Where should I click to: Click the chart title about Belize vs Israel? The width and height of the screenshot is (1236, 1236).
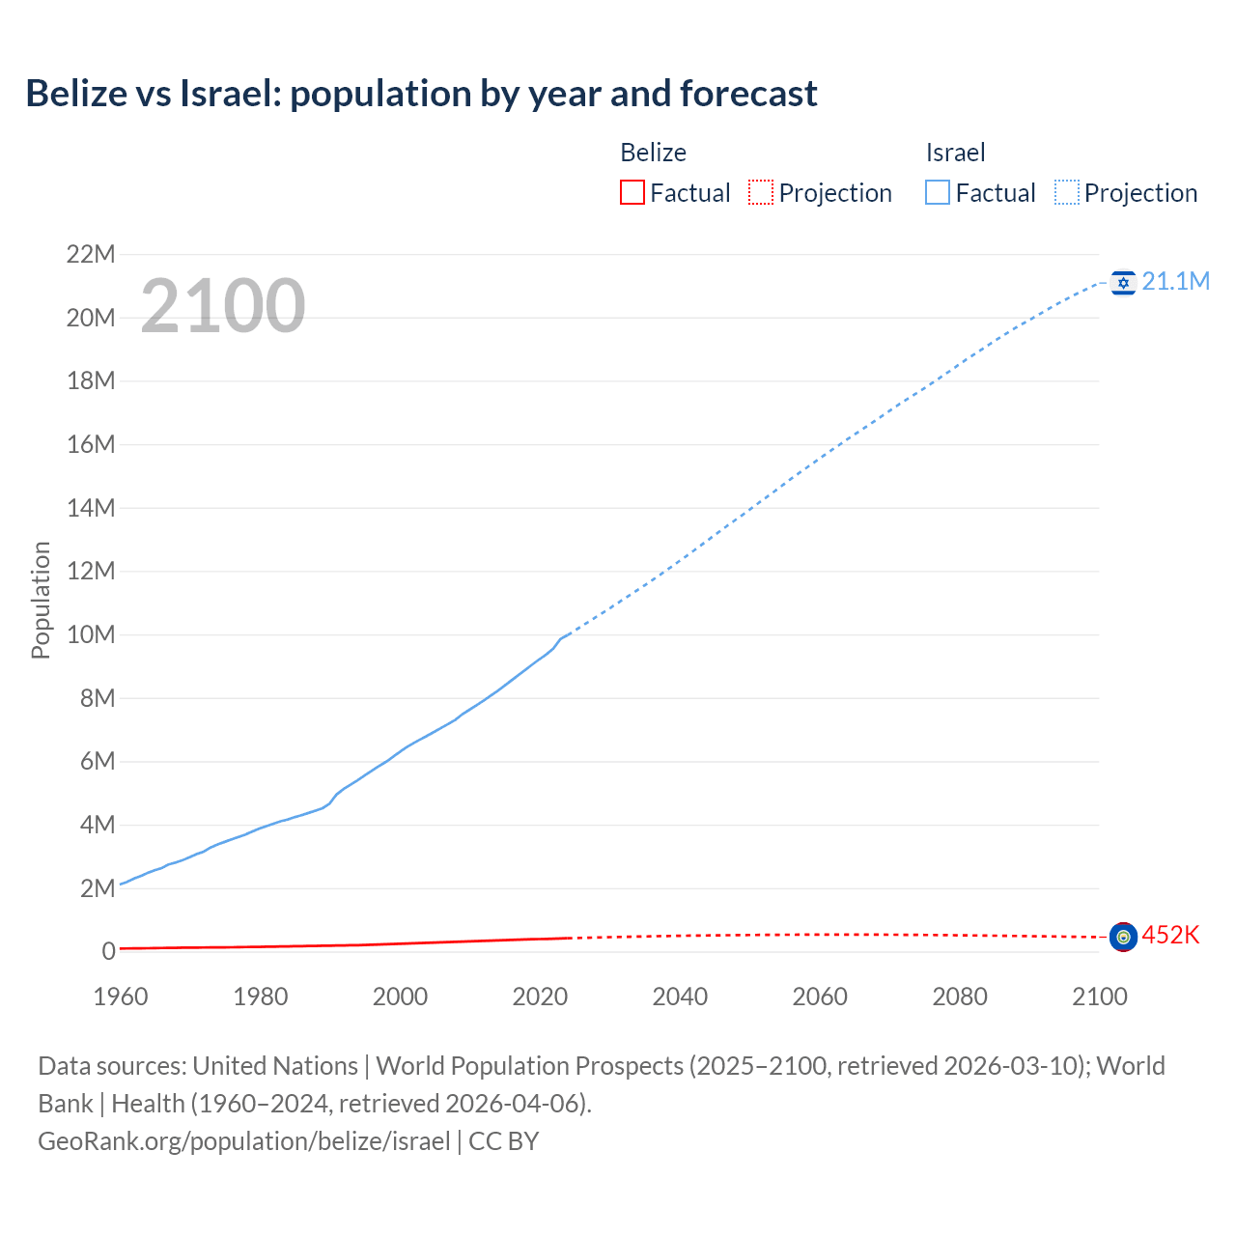(421, 94)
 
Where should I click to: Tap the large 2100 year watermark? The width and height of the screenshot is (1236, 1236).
(223, 306)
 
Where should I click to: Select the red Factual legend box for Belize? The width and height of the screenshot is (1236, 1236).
(632, 192)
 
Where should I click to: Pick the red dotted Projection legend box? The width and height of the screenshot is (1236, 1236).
(761, 192)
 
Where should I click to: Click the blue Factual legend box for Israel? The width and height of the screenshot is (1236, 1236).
(938, 192)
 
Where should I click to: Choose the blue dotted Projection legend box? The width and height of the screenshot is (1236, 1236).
(1067, 192)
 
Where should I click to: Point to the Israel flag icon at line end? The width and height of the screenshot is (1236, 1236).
(1123, 282)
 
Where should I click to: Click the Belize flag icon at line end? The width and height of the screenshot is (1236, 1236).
(1123, 937)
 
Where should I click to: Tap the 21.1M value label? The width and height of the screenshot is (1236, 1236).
(1175, 281)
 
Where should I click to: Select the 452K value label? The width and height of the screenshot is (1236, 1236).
(1170, 935)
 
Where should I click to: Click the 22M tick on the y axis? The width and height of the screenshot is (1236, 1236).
(90, 255)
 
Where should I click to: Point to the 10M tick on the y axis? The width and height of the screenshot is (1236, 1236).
(90, 635)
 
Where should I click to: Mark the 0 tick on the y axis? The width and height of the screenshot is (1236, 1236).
(108, 952)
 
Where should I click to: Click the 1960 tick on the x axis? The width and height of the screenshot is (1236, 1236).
(121, 997)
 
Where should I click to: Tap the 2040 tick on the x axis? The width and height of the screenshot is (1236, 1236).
(680, 997)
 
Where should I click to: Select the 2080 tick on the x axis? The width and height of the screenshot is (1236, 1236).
(960, 997)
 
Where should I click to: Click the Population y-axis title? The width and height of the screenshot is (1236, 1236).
(41, 600)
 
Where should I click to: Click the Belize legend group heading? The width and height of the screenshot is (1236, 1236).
(653, 153)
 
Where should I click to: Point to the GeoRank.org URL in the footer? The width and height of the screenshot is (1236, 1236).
(243, 1141)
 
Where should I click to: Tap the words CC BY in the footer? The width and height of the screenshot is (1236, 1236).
(504, 1141)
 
